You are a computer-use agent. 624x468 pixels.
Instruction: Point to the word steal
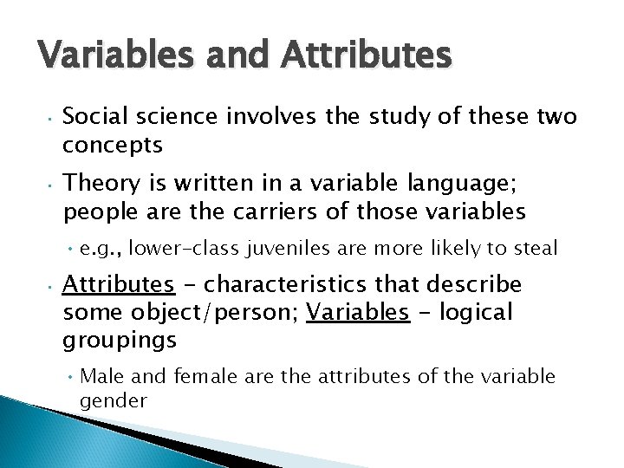tap(532, 250)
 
